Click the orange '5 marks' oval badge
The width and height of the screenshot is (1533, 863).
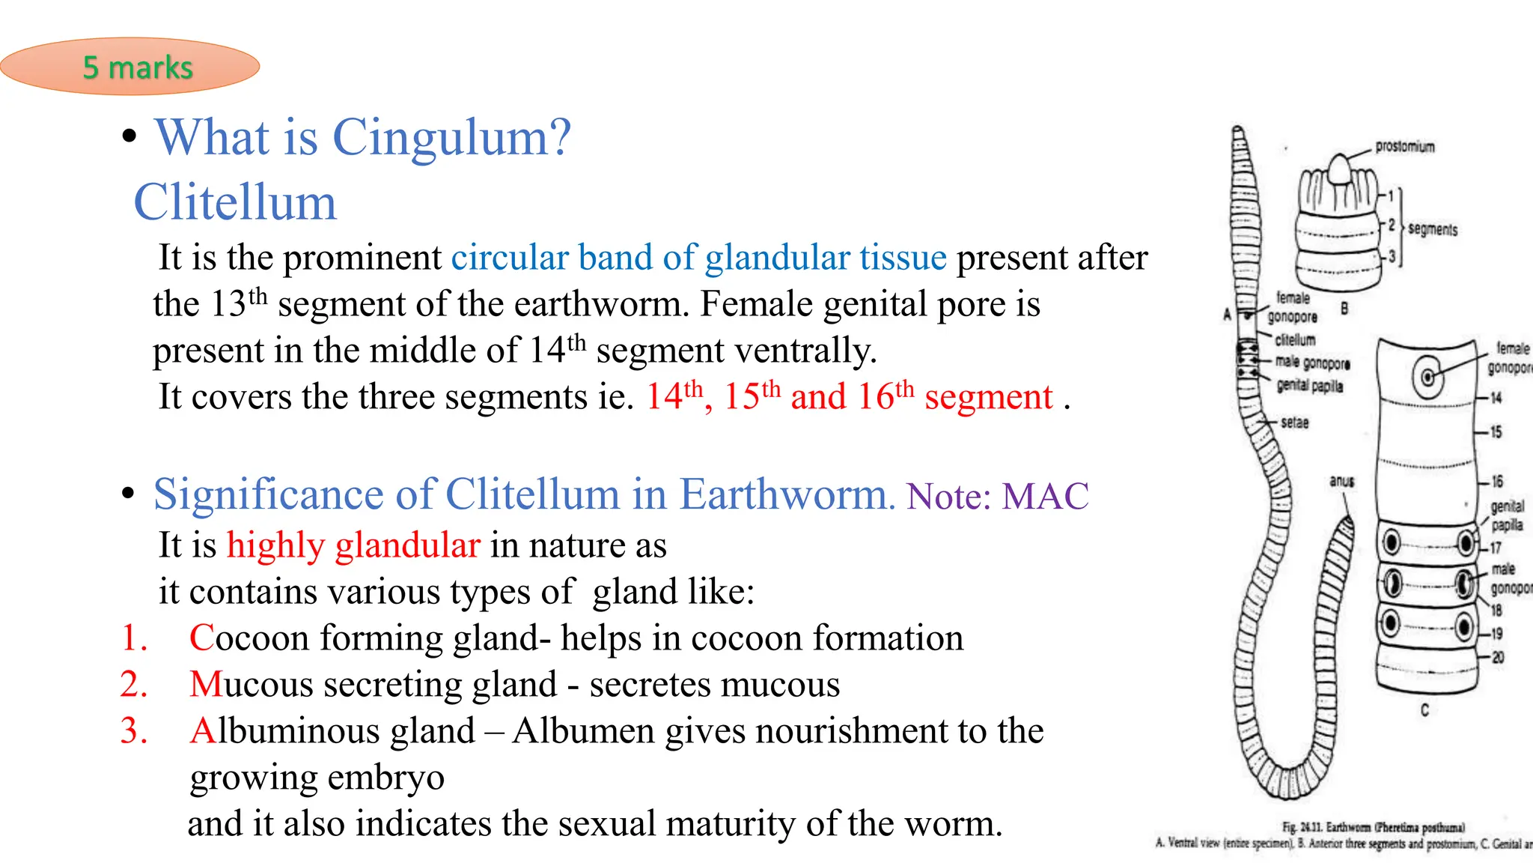[129, 67]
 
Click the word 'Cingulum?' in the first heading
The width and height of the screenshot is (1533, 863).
[451, 138]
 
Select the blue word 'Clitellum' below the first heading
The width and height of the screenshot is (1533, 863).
[235, 202]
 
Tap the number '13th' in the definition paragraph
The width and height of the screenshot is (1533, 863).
[238, 303]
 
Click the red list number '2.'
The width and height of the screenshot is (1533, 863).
[134, 685]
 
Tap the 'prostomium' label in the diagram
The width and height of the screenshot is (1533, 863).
[1405, 147]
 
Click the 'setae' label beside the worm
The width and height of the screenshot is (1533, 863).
[1294, 423]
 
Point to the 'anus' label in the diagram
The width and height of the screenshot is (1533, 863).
[1341, 481]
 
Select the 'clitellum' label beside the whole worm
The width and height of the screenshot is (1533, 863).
[1295, 340]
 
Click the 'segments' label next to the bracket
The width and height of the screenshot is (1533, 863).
[1432, 229]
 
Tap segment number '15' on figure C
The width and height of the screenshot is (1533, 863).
[1496, 432]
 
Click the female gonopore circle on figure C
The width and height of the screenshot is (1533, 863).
[1427, 377]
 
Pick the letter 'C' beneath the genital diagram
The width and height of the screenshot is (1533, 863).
[1424, 710]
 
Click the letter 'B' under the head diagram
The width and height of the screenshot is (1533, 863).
[1344, 308]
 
